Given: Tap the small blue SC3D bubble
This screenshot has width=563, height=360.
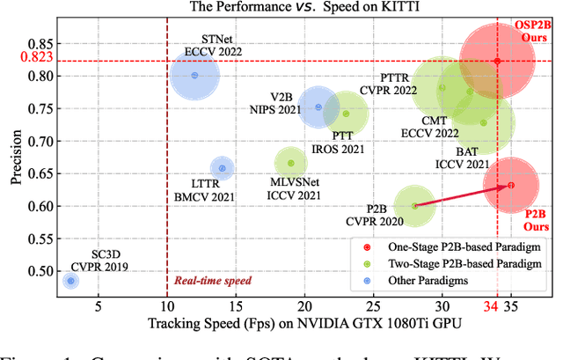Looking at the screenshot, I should click(71, 281).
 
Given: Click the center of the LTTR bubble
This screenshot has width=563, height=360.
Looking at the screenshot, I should click(222, 168).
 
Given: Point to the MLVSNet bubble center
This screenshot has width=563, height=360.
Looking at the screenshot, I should click(291, 163).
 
